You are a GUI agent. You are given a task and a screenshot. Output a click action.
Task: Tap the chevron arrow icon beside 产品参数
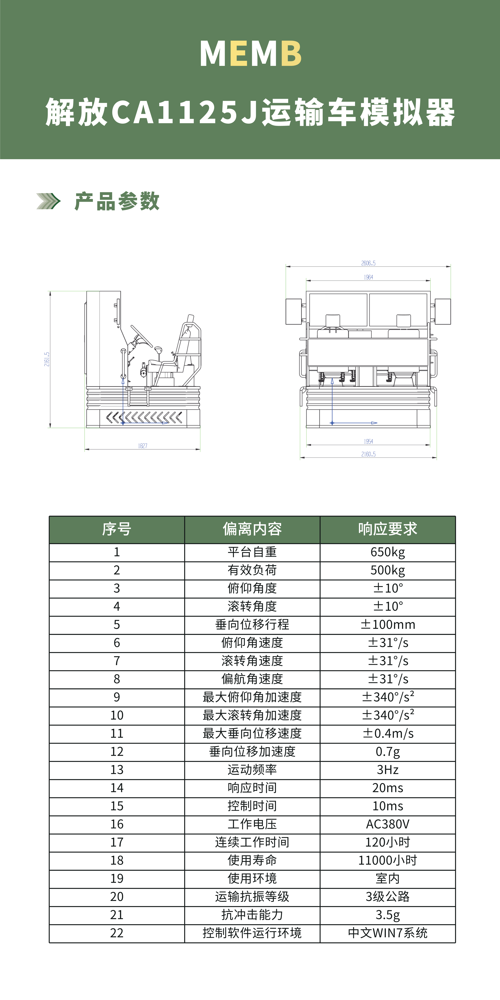tap(48, 201)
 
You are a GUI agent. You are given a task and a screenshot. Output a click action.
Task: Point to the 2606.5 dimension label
tap(368, 263)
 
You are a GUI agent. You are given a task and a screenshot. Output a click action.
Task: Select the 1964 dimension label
tap(368, 277)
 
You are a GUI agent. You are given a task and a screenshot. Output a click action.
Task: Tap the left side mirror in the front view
tap(294, 311)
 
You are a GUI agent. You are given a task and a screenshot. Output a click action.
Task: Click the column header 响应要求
tap(387, 529)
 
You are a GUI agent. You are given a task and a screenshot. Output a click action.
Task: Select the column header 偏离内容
tap(252, 529)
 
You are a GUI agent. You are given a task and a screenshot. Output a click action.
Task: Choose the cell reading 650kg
tap(387, 552)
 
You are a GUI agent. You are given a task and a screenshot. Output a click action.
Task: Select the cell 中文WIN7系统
tap(387, 933)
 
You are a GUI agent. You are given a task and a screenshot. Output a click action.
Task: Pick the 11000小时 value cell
tap(387, 860)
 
